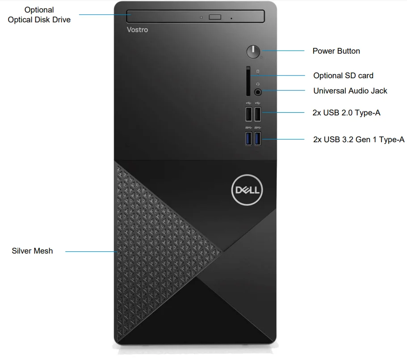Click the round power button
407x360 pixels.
(x=253, y=51)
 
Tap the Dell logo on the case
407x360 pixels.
(x=248, y=191)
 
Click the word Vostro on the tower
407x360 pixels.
(x=137, y=30)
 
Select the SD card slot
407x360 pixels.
(x=248, y=81)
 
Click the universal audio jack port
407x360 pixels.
(x=258, y=92)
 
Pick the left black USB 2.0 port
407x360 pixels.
(x=248, y=114)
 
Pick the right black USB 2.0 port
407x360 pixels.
(x=258, y=114)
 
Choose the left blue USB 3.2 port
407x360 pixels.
(x=248, y=138)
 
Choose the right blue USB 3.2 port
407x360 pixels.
(x=258, y=138)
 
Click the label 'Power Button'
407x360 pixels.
(x=336, y=51)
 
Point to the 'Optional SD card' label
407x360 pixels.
(x=343, y=76)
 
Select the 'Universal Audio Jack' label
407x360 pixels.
(x=350, y=91)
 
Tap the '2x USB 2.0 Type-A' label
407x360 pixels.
(x=346, y=113)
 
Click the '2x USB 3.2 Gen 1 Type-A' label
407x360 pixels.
(x=359, y=140)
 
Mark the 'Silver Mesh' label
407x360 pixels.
(x=32, y=251)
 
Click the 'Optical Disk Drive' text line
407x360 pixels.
(x=39, y=20)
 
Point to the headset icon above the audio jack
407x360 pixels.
(x=258, y=84)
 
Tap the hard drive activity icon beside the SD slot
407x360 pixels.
(x=257, y=71)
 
